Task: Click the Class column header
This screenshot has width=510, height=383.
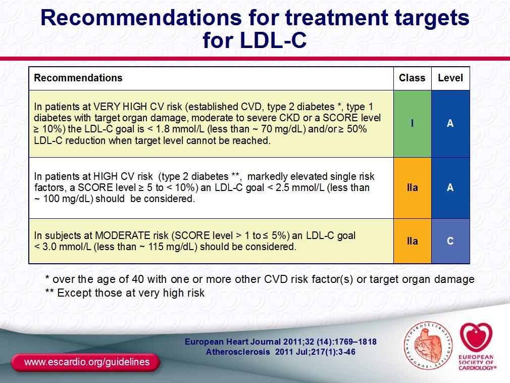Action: [412, 78]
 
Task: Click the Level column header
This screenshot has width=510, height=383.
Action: [450, 78]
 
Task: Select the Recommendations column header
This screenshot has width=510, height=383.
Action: [78, 78]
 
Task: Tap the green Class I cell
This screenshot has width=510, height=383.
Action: [413, 124]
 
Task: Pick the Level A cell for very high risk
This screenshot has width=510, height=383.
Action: [450, 124]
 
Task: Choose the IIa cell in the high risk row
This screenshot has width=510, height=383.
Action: [413, 188]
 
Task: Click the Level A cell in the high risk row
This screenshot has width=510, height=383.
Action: [450, 188]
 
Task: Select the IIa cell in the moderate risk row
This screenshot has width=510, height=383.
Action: [413, 241]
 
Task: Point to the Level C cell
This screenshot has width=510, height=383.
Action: [450, 241]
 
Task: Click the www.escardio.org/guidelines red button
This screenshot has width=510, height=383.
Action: [86, 362]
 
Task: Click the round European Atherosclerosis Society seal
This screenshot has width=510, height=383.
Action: [428, 346]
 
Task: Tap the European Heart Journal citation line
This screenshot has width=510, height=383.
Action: [281, 342]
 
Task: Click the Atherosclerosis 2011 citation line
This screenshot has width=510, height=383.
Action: [281, 352]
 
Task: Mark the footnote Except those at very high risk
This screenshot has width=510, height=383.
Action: [125, 293]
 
